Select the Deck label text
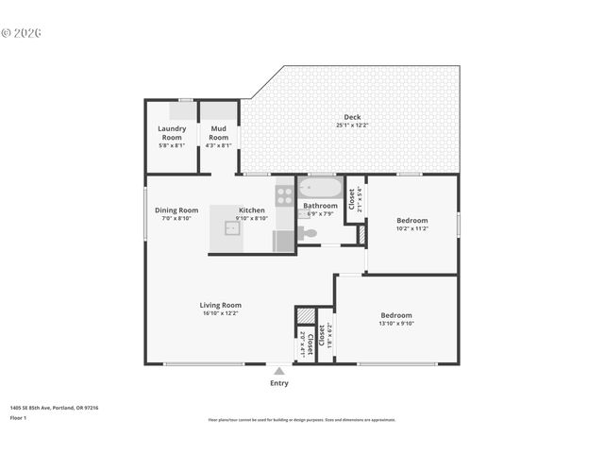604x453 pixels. [352, 117]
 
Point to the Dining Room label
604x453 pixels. [176, 210]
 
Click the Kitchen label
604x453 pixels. [252, 210]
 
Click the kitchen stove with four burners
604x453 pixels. [284, 195]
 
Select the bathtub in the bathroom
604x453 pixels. [321, 188]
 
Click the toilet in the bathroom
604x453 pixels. [309, 232]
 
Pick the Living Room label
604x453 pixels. [221, 305]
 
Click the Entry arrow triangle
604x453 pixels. [279, 371]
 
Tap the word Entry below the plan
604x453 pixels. [279, 383]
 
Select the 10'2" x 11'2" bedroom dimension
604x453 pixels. [411, 228]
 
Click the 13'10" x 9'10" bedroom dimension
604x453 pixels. [396, 324]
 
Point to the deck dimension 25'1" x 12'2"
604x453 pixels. [352, 126]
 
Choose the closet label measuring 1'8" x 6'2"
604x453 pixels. [325, 334]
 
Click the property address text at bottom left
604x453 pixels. [54, 408]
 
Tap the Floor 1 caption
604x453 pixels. [18, 417]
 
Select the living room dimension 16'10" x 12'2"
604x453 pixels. [221, 313]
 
